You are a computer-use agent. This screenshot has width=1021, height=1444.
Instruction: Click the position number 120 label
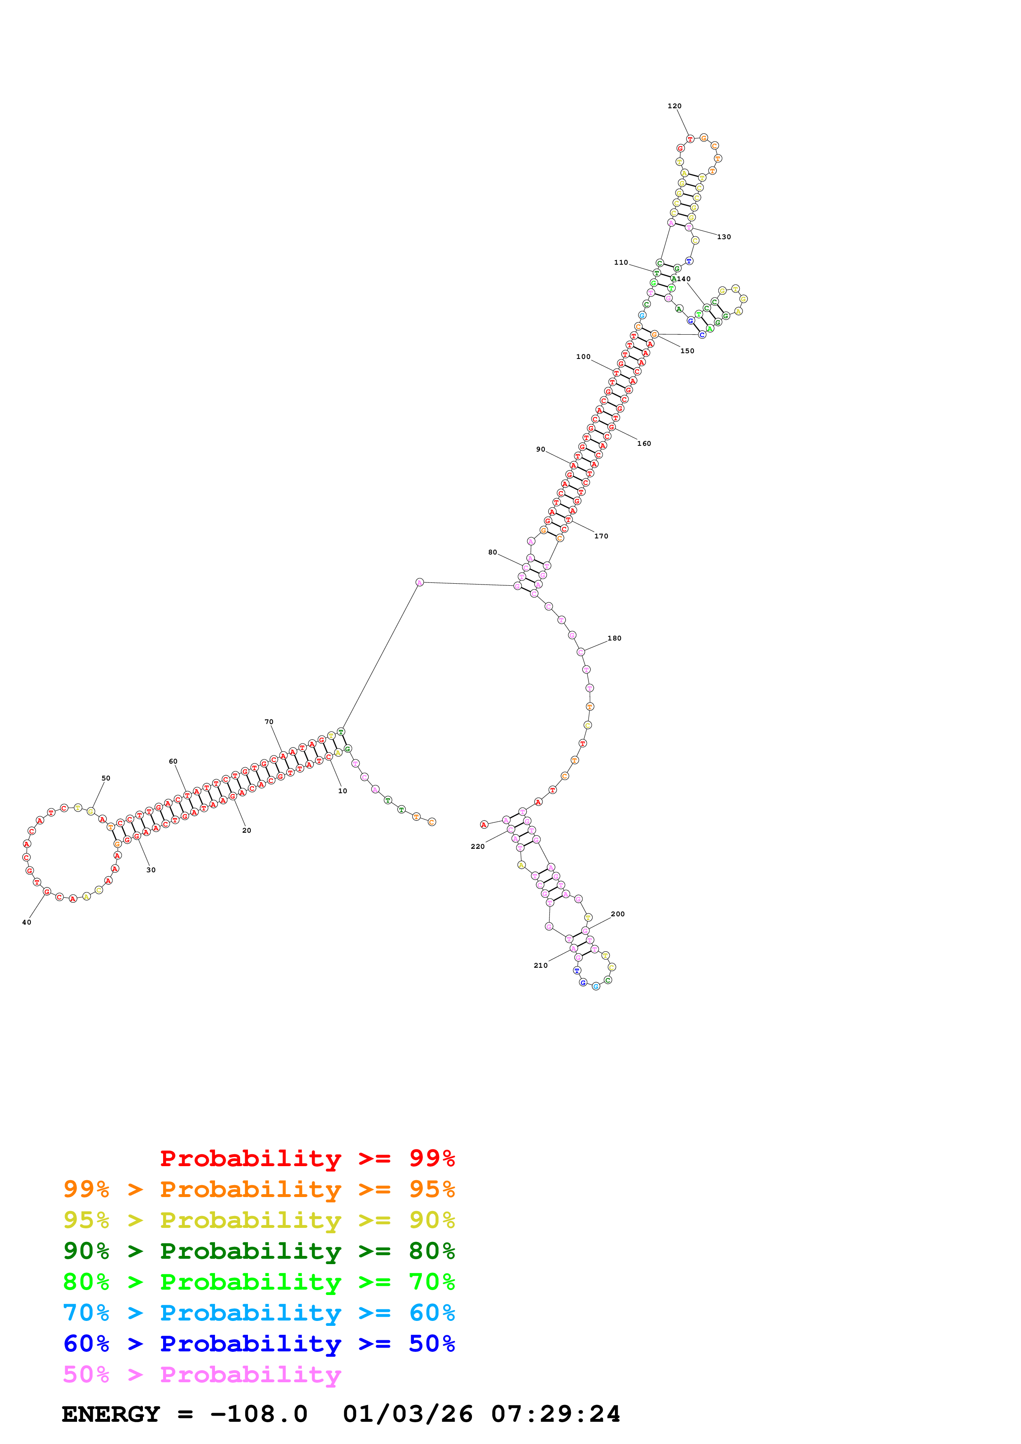click(674, 106)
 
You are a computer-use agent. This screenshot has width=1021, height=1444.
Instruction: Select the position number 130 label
click(724, 237)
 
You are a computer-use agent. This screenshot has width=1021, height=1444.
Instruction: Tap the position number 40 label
click(26, 922)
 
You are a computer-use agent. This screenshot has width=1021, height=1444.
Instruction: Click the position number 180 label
click(614, 638)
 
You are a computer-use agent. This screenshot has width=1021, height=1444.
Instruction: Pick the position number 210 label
click(540, 965)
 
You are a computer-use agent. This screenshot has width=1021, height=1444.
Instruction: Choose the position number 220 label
click(477, 847)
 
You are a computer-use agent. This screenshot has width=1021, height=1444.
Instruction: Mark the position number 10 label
click(342, 791)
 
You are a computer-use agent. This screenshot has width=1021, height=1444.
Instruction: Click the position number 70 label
click(269, 722)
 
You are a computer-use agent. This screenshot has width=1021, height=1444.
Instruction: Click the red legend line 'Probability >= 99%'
click(307, 1158)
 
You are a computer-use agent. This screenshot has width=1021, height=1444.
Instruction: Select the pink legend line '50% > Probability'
click(202, 1375)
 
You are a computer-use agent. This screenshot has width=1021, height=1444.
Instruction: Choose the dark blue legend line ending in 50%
click(259, 1344)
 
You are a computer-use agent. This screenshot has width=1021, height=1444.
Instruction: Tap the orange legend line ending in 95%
click(259, 1189)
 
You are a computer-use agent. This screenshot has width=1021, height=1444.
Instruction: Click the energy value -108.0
click(259, 1414)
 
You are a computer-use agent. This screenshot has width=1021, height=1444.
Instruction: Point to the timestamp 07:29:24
click(556, 1414)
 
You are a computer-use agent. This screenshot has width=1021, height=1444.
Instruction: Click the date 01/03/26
click(408, 1414)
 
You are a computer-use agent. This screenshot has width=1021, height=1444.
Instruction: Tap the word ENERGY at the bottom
click(111, 1414)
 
